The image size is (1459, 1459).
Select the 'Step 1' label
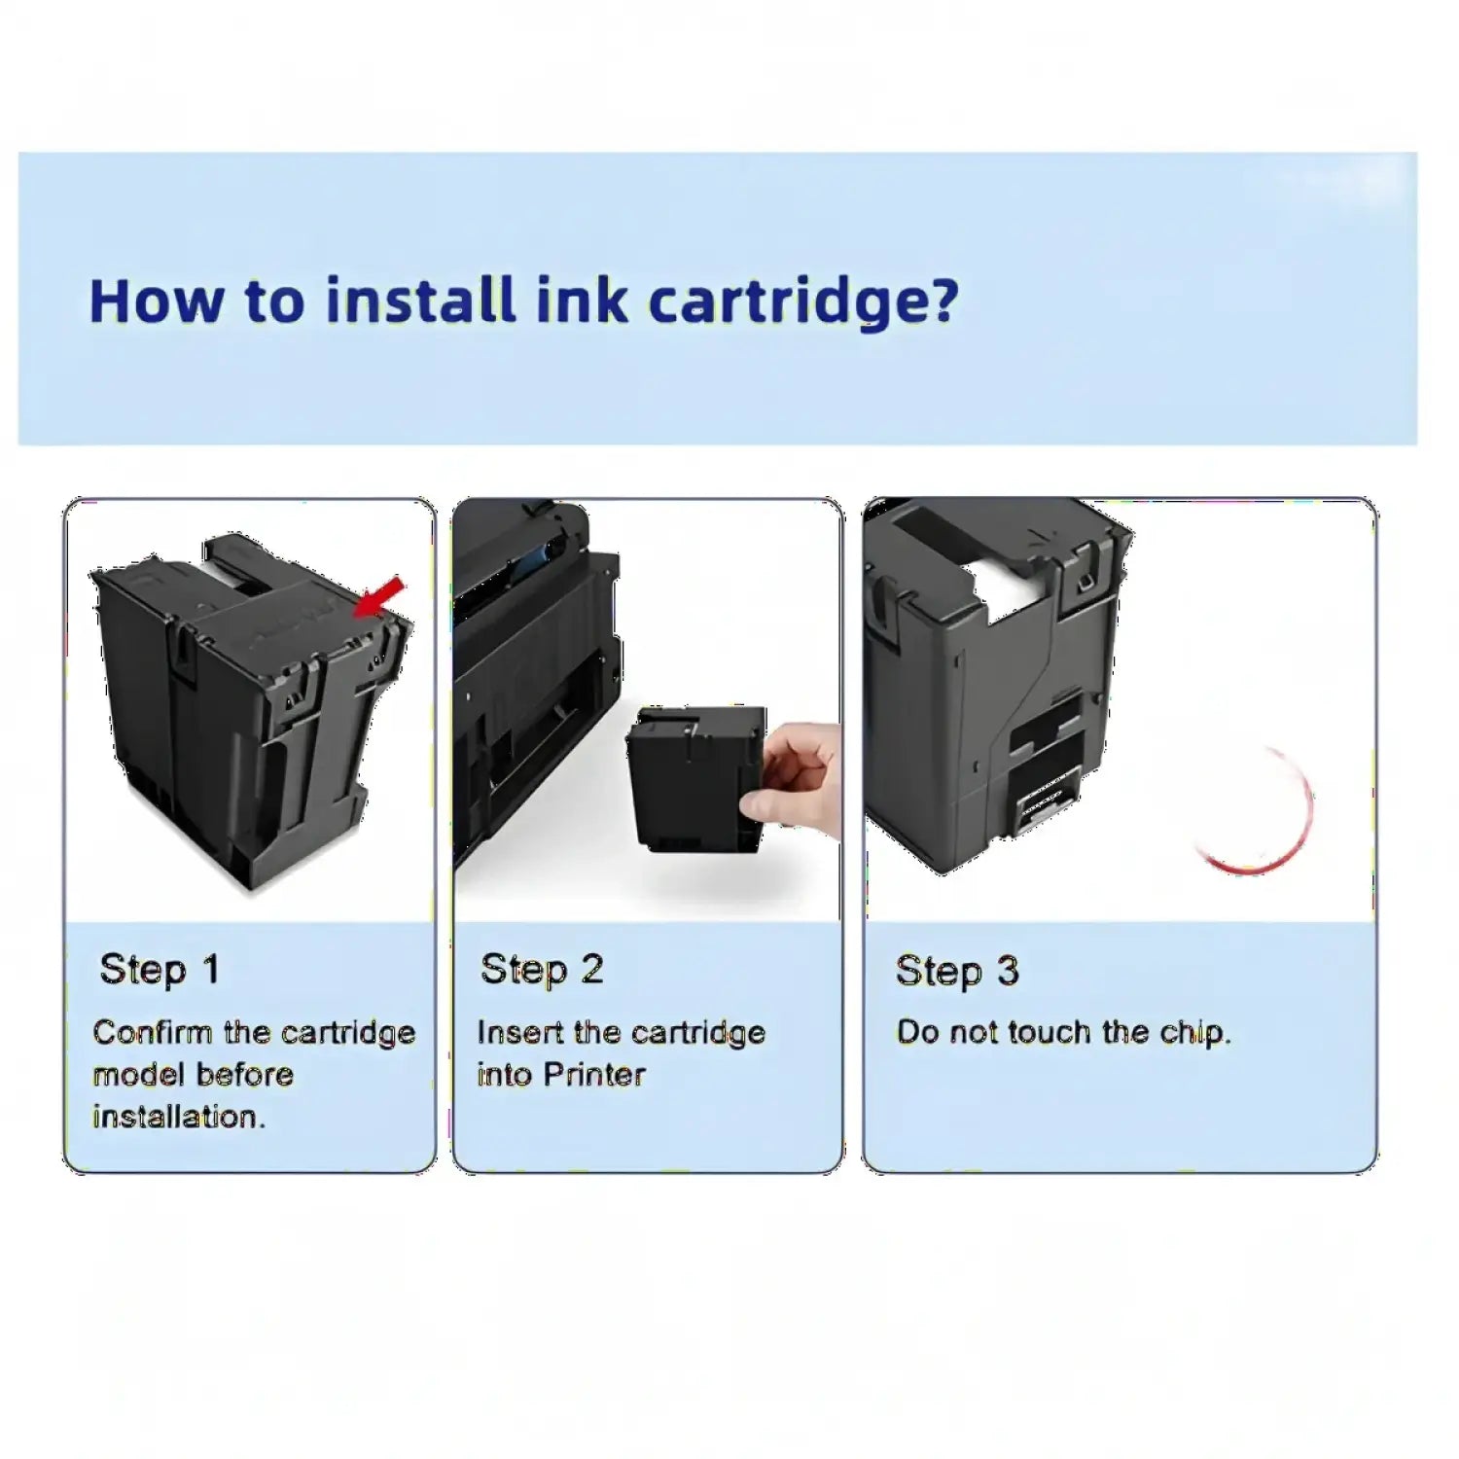pyautogui.click(x=160, y=970)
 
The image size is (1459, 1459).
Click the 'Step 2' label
pyautogui.click(x=542, y=969)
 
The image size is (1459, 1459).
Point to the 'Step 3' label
pyautogui.click(x=957, y=971)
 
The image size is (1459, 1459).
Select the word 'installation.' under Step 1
pyautogui.click(x=179, y=1117)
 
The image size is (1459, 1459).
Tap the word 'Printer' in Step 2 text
pyautogui.click(x=594, y=1075)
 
